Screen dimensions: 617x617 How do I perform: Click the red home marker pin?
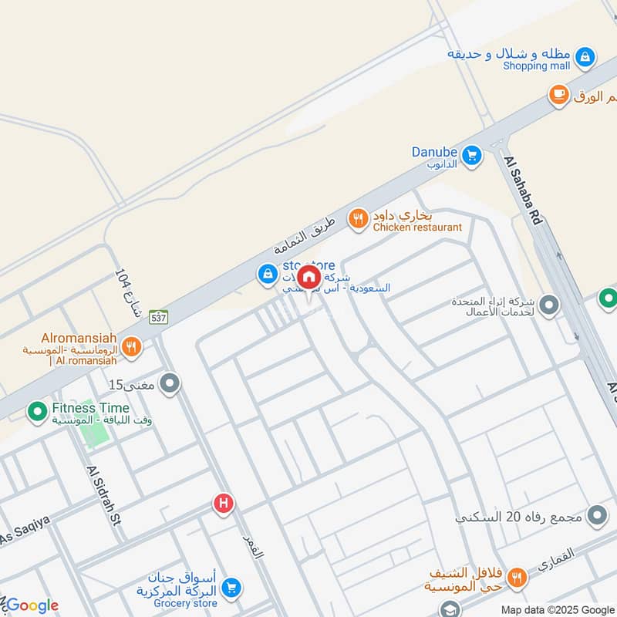[308, 276]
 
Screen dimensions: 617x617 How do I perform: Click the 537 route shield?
[159, 316]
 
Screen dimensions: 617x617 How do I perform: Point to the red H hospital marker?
[223, 504]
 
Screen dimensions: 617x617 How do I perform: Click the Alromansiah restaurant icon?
[131, 348]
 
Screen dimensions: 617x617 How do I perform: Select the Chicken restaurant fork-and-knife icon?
[357, 220]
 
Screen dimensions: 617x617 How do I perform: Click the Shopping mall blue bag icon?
[585, 56]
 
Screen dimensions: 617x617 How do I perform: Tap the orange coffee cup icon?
[558, 95]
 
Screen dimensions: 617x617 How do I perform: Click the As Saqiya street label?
[25, 529]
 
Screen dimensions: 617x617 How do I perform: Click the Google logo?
[32, 605]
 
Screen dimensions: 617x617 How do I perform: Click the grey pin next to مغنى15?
[170, 383]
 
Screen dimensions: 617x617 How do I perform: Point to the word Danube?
[434, 153]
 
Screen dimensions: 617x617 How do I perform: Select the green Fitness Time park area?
[93, 433]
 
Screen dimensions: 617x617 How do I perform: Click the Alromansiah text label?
[79, 337]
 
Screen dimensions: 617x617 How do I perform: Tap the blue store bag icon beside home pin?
[267, 274]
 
